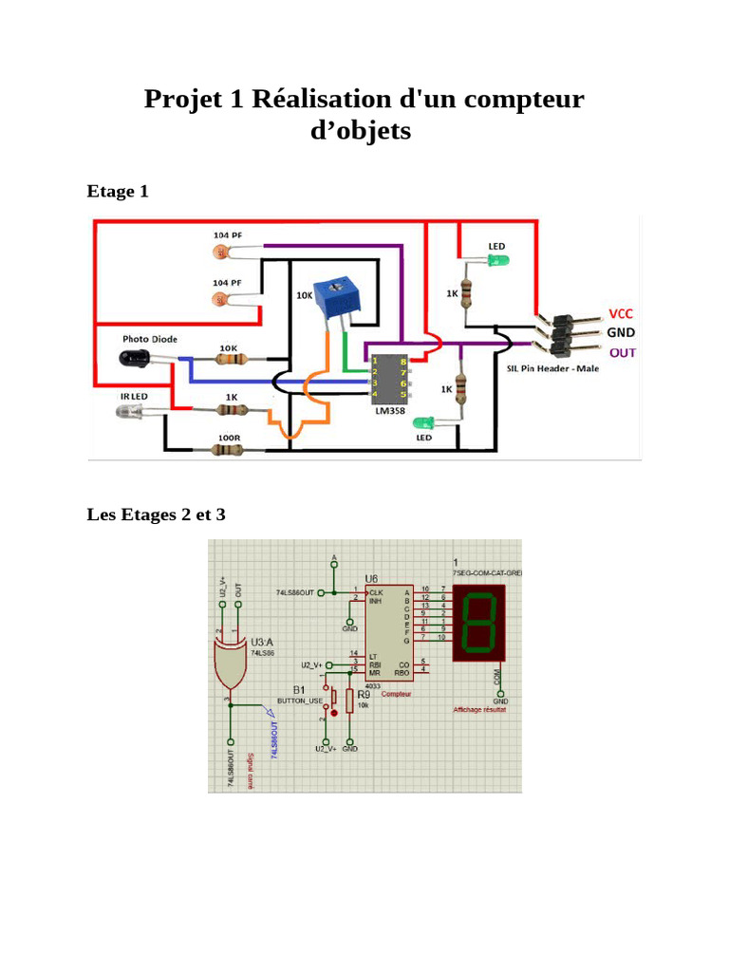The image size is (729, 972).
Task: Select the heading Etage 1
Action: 118,192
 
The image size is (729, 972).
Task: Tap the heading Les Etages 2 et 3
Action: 157,515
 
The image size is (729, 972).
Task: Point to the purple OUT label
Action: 622,352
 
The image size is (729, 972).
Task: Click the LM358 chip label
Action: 389,412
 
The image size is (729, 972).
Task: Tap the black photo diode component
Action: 135,358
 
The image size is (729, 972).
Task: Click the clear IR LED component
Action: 130,411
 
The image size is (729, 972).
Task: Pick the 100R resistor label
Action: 229,438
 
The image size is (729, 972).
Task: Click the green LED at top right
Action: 498,261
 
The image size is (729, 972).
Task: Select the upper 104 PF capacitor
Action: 222,252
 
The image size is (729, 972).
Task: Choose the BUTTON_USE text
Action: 300,701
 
